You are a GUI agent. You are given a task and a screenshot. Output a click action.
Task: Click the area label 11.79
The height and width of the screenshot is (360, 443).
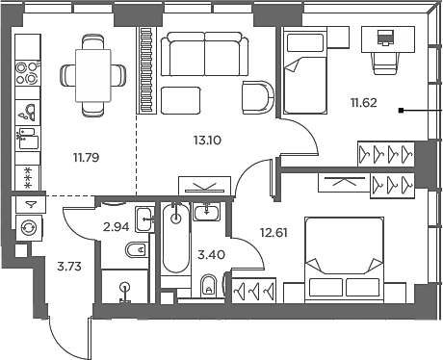point(87,158)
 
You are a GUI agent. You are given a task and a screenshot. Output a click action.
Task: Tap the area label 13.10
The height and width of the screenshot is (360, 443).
point(207,141)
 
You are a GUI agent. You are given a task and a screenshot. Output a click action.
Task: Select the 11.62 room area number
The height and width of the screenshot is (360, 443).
point(364,103)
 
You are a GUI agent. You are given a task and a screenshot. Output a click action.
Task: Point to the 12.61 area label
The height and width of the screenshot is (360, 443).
point(274,232)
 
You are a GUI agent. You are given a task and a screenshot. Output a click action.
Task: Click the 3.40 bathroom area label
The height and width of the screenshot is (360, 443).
point(211,255)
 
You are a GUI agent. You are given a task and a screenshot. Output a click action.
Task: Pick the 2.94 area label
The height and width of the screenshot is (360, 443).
point(117,227)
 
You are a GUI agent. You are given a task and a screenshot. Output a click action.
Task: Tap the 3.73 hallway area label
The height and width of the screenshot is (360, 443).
point(69,267)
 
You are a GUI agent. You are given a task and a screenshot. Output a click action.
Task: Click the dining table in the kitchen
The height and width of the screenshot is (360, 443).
point(93,76)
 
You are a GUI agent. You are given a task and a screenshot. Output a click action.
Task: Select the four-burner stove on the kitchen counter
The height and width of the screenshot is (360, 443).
point(28,73)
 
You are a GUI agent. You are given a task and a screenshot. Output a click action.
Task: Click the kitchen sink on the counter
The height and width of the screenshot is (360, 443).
point(28,113)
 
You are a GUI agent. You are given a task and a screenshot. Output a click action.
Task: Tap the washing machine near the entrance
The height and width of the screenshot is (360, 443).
point(29,228)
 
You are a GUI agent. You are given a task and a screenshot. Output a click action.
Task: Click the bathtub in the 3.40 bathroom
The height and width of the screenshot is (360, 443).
point(175,239)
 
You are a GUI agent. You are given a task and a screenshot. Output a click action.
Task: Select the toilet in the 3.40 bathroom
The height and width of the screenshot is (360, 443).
point(209,286)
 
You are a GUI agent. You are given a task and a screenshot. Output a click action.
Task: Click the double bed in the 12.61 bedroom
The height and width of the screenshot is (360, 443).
point(344,260)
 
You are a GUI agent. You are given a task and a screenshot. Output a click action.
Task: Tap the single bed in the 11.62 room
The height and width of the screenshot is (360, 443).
point(305,70)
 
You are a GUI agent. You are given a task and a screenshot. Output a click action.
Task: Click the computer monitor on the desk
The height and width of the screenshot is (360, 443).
point(385,38)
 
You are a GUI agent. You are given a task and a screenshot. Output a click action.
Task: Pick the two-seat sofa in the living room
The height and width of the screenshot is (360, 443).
point(204,54)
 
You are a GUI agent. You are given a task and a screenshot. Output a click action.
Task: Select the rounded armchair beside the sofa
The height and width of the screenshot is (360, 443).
point(258,97)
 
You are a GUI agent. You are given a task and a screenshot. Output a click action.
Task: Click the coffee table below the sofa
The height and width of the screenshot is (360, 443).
point(181,100)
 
